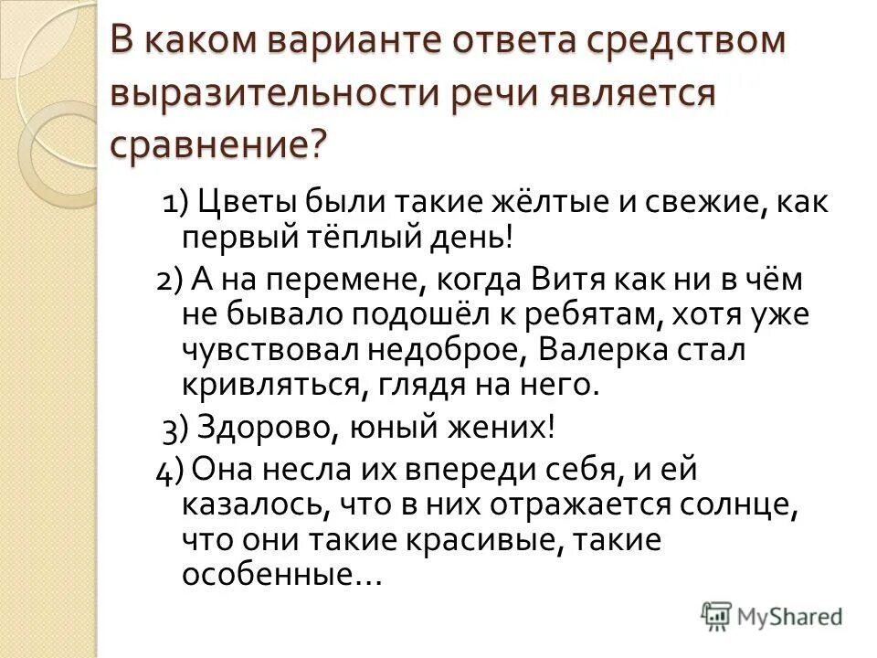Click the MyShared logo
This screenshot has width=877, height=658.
(773, 615)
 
